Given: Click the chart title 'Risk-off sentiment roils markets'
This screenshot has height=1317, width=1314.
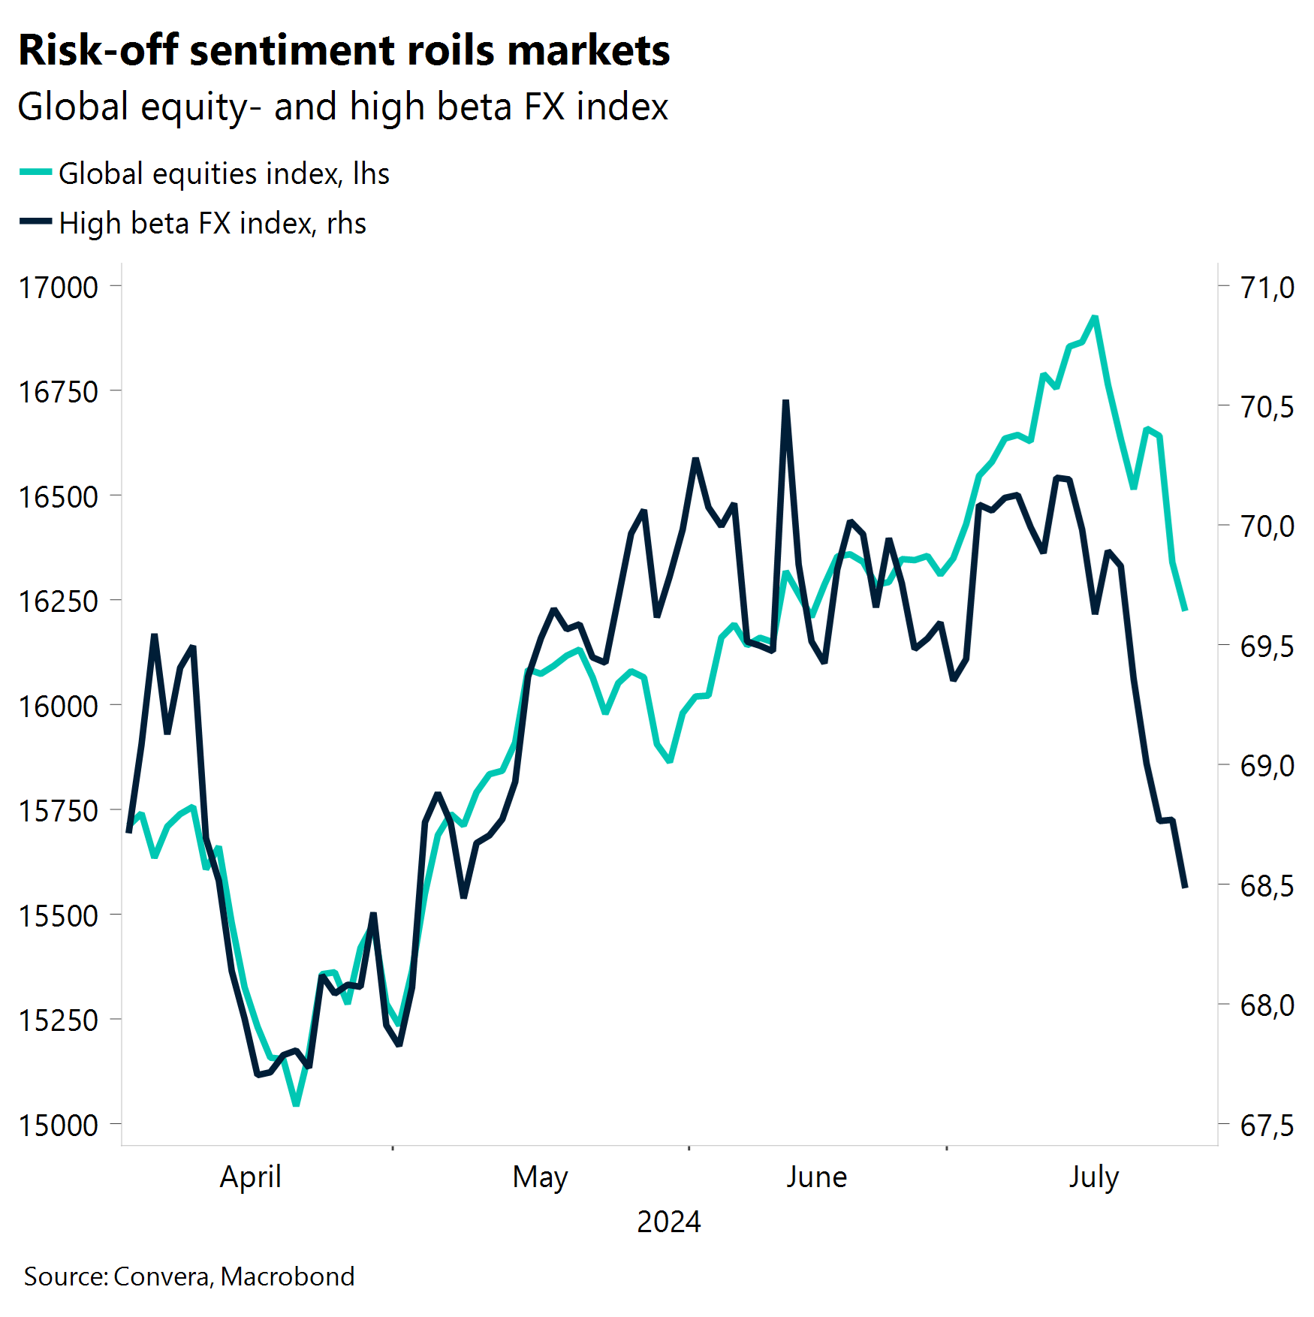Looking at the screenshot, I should pyautogui.click(x=344, y=51).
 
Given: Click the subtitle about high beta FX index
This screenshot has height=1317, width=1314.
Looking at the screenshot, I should pyautogui.click(x=342, y=107).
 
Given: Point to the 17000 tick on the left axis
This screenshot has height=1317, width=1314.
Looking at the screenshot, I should pyautogui.click(x=59, y=288).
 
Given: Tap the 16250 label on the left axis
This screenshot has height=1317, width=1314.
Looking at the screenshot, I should pyautogui.click(x=59, y=601).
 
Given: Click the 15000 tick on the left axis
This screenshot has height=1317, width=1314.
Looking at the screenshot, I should pyautogui.click(x=59, y=1126).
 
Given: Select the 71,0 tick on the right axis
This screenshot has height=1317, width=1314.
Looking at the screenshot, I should pyautogui.click(x=1267, y=288).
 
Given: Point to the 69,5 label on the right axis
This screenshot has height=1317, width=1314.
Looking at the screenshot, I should pyautogui.click(x=1267, y=646).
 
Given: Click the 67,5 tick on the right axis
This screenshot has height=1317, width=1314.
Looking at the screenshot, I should pyautogui.click(x=1267, y=1126).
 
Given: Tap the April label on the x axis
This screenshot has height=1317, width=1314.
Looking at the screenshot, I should pyautogui.click(x=250, y=1177).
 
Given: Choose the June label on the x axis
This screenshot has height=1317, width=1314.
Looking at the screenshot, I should pyautogui.click(x=816, y=1177).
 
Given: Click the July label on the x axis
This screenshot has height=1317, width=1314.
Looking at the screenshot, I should pyautogui.click(x=1093, y=1177).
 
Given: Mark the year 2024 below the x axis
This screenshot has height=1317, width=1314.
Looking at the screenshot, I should pyautogui.click(x=668, y=1222).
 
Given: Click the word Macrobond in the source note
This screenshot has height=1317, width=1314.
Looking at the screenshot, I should pyautogui.click(x=288, y=1276).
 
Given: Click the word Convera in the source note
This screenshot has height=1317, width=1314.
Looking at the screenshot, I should pyautogui.click(x=161, y=1276).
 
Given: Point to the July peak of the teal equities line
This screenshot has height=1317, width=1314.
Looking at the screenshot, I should pyautogui.click(x=1095, y=317).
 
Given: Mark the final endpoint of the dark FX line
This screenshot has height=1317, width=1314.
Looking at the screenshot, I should pyautogui.click(x=1185, y=887).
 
